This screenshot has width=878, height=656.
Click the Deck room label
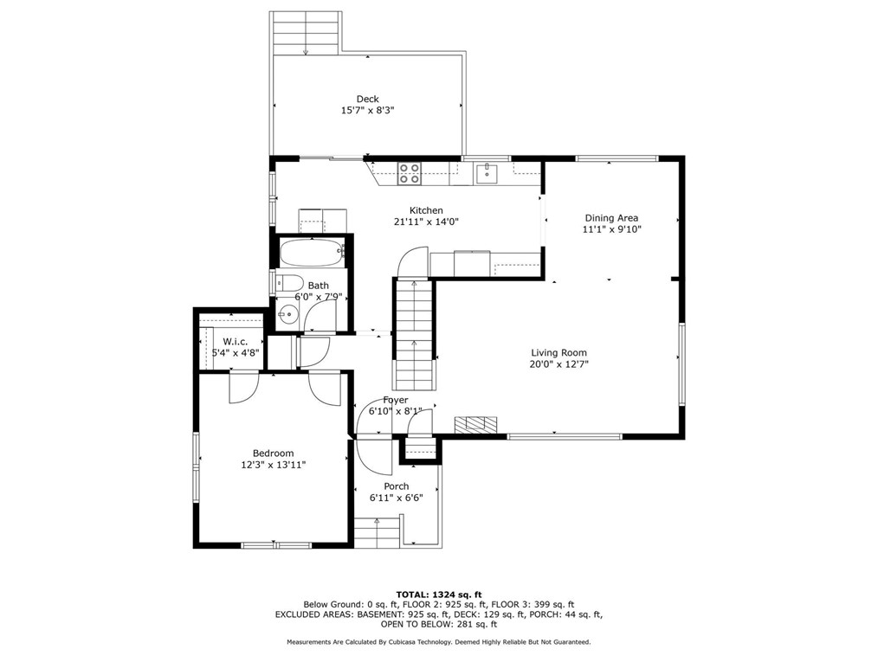[367, 99]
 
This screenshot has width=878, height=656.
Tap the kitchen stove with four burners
[409, 174]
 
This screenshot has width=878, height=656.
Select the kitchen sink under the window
[487, 174]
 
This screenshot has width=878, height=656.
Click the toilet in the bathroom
[287, 282]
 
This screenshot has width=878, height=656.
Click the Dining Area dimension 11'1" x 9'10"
[612, 229]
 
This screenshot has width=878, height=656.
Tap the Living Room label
[558, 352]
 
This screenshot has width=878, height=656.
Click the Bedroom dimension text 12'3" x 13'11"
[273, 465]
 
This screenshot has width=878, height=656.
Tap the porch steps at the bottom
[378, 531]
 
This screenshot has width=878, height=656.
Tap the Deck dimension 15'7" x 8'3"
[367, 111]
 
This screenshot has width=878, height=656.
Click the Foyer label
[396, 400]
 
